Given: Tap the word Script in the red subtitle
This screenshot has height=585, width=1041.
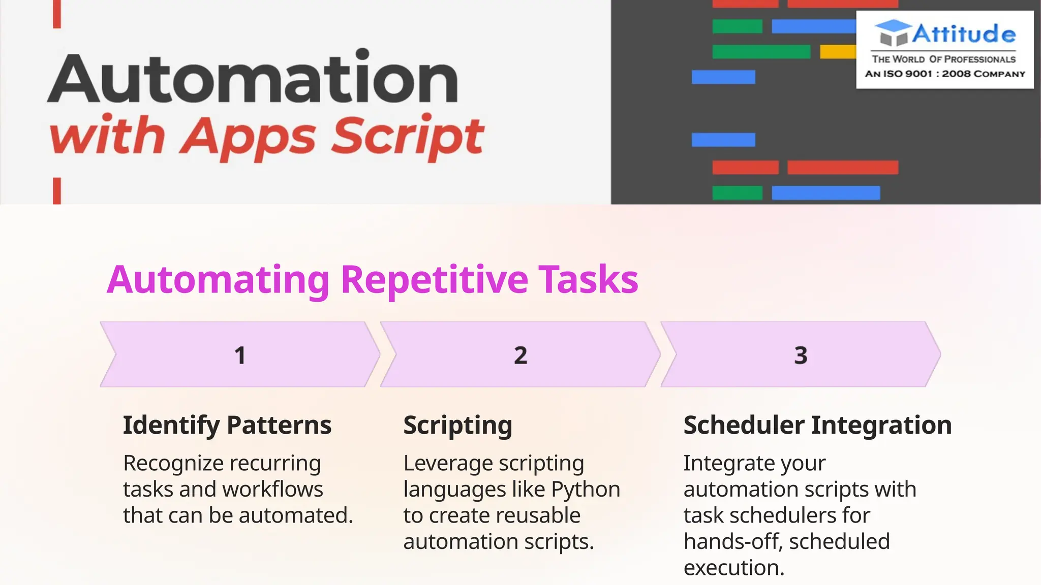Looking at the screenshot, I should coord(407,136).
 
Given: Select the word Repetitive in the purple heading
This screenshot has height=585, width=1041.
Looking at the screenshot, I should coord(434,280).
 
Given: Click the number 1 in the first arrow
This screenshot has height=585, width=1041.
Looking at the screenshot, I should coord(240,355).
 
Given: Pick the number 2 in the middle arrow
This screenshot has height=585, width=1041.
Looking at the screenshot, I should coord(520,355).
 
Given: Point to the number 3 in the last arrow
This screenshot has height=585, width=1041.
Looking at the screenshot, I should coord(801,355).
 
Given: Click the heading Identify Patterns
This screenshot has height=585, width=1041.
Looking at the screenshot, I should coord(227,425).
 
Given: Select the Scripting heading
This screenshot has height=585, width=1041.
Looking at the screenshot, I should coord(457,425).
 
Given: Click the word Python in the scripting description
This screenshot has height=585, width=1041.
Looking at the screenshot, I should coord(586,490).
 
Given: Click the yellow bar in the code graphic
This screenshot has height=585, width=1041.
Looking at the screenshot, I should coord(838,52).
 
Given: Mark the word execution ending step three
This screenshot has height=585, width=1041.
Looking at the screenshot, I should coord(733,568).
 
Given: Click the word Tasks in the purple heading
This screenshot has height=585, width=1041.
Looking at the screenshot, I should coord(588,280).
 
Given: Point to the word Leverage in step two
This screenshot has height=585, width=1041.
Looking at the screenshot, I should coord(448,464).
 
